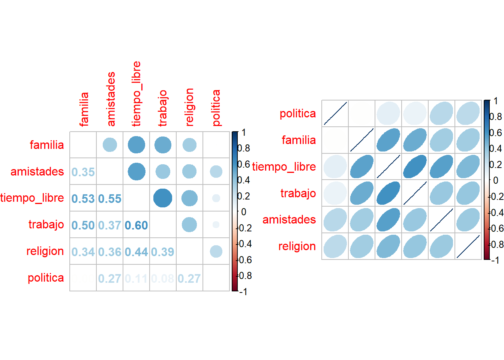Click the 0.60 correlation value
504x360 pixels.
pos(136,225)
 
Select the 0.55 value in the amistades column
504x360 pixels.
pos(109,199)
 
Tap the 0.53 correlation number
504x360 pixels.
pos(83,199)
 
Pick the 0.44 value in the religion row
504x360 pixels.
pos(136,252)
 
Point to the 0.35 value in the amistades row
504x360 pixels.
pos(83,172)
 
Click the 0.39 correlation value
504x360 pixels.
pos(163,252)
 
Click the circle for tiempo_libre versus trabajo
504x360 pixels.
pos(163,198)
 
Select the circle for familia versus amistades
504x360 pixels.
pos(109,145)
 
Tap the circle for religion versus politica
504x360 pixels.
pos(216,251)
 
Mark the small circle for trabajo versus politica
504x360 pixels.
pos(216,225)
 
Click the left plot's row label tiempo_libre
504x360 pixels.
pos(32,198)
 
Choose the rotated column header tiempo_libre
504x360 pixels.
pos(136,94)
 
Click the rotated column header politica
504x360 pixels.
pos(216,108)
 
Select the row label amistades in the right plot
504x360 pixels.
pos(289,219)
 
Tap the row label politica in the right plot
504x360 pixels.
pos(298,114)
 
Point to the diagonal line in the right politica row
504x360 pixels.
pos(335,113)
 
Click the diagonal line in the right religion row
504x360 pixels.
pos(468,246)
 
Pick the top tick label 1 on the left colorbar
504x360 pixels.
pos(244,132)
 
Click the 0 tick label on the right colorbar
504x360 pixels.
pos(496,180)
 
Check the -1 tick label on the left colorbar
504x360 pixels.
pos(243,292)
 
